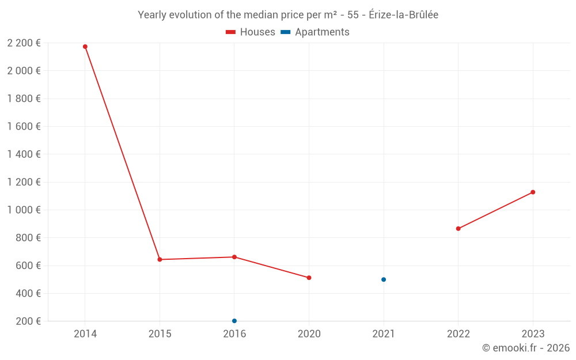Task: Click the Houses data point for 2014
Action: pyautogui.click(x=85, y=47)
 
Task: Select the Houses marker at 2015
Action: pyautogui.click(x=160, y=260)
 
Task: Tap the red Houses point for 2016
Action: pyautogui.click(x=234, y=257)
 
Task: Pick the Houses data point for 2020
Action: pyautogui.click(x=309, y=278)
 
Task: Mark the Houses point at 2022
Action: pyautogui.click(x=458, y=229)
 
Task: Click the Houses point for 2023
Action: pyautogui.click(x=533, y=192)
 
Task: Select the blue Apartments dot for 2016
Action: pyautogui.click(x=234, y=321)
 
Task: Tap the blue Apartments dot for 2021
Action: pyautogui.click(x=384, y=279)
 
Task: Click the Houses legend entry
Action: pyautogui.click(x=251, y=32)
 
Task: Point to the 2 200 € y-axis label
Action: pyautogui.click(x=24, y=43)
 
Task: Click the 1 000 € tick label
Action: pyautogui.click(x=24, y=210)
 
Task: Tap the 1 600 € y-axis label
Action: pyautogui.click(x=24, y=127)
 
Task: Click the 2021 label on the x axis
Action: pyautogui.click(x=384, y=334)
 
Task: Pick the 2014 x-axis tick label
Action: pyautogui.click(x=85, y=334)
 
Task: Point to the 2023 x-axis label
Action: pyautogui.click(x=533, y=334)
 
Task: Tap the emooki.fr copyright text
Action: pyautogui.click(x=526, y=348)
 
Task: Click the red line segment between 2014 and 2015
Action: pyautogui.click(x=123, y=153)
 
